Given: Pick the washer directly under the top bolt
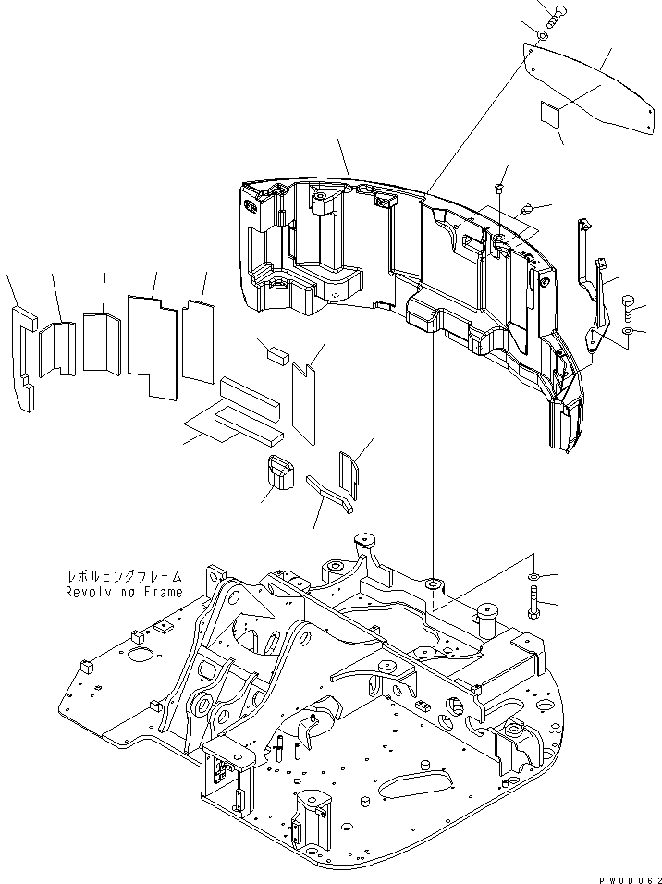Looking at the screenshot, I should (541, 36).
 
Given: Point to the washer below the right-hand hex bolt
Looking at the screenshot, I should (627, 330).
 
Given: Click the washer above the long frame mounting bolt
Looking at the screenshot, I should (536, 576).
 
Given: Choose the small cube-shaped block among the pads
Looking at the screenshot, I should (278, 352).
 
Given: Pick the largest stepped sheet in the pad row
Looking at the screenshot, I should (153, 347).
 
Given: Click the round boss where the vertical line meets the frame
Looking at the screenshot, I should (434, 585).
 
